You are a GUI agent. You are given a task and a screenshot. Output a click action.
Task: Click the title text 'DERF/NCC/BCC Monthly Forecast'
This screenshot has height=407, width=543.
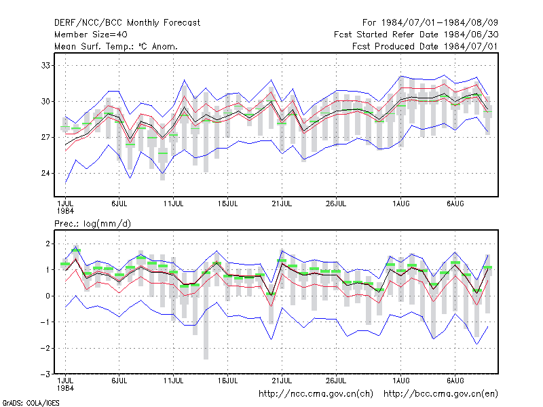click(x=127, y=23)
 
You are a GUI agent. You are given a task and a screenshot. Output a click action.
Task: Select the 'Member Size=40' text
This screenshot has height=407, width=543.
click(x=91, y=35)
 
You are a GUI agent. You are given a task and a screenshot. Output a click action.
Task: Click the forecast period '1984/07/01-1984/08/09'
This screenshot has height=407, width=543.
click(x=439, y=23)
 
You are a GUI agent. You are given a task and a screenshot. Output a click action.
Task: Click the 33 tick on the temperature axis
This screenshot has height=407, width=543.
click(x=45, y=65)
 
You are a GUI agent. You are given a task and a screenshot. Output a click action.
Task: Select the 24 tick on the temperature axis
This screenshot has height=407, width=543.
click(x=45, y=173)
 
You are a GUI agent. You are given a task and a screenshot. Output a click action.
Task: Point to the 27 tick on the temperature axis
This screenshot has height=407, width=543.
click(x=45, y=138)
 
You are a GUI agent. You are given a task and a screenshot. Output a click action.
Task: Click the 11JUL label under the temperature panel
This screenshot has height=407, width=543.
click(x=174, y=203)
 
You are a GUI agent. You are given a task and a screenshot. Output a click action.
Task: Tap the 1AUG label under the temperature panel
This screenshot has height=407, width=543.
click(x=401, y=203)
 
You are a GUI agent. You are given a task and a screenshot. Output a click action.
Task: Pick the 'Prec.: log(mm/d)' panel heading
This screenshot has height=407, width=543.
click(x=92, y=224)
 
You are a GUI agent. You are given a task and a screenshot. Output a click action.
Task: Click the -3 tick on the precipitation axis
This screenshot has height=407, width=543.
click(x=45, y=374)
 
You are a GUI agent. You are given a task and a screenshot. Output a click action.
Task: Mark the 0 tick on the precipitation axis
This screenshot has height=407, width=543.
click(x=48, y=296)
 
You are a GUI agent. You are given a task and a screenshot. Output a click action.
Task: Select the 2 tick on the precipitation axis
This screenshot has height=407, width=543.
click(x=48, y=244)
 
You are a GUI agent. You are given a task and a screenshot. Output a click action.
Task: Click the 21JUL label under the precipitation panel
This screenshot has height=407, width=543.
click(x=282, y=381)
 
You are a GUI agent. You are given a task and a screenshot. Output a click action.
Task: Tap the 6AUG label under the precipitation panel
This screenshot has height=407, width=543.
click(x=455, y=381)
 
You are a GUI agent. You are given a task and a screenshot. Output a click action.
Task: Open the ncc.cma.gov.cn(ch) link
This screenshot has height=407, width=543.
click(x=316, y=394)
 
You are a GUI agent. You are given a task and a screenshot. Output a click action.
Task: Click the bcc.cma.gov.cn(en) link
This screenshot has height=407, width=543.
click(x=441, y=394)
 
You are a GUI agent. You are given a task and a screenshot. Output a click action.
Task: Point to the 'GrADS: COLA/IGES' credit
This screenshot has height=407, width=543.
click(x=31, y=403)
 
